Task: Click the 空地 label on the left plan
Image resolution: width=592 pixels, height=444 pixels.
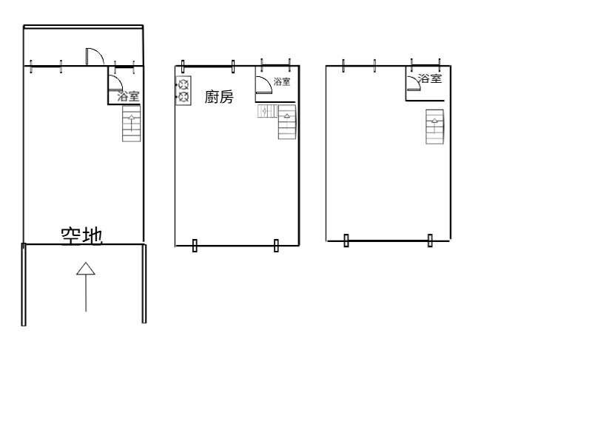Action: click(x=82, y=236)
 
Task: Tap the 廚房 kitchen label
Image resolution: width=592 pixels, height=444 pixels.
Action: click(x=219, y=97)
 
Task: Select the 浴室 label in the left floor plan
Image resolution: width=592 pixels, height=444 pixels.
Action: click(x=128, y=96)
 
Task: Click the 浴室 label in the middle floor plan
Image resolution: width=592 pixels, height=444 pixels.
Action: click(x=282, y=81)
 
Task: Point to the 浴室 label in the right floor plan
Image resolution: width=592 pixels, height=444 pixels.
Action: click(x=430, y=78)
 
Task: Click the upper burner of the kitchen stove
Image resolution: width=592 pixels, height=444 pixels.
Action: click(x=184, y=84)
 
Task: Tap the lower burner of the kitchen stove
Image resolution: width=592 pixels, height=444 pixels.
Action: click(x=184, y=97)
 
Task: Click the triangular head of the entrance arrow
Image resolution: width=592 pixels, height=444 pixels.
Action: click(x=86, y=269)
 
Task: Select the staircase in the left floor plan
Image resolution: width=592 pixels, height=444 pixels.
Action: click(x=132, y=124)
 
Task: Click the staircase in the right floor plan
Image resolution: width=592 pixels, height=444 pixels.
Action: click(x=434, y=127)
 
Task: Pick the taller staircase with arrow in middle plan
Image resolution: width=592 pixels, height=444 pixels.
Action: click(x=287, y=122)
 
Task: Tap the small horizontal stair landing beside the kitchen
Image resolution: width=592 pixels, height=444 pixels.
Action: click(x=268, y=111)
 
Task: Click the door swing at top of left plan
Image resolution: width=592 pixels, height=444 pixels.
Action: click(x=95, y=57)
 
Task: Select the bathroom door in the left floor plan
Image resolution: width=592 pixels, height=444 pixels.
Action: click(x=115, y=83)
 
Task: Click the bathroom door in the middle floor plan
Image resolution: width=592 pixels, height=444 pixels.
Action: click(x=263, y=84)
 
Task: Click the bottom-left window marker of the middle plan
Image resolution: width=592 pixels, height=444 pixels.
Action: click(x=195, y=246)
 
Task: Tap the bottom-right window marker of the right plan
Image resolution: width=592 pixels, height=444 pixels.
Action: click(x=430, y=240)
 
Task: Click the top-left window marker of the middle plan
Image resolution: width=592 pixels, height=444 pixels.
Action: click(x=183, y=66)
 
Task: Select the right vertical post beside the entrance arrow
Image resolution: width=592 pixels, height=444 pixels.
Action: click(x=144, y=283)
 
